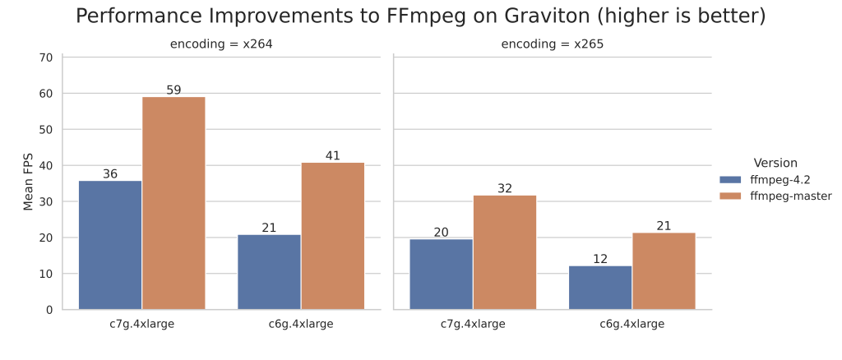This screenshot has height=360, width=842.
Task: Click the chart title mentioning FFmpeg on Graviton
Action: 420,16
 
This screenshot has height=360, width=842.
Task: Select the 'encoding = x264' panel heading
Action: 221,44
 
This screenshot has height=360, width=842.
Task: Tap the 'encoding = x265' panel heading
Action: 553,44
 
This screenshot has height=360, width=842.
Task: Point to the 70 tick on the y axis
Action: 45,58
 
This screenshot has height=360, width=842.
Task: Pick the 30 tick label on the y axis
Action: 45,201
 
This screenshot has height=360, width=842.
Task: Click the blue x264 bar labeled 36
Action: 110,245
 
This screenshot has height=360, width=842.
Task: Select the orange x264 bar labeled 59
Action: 173,203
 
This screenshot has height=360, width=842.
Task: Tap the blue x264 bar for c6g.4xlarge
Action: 269,272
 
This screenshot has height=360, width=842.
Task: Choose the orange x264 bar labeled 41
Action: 332,236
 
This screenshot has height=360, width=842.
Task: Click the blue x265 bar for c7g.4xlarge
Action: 442,274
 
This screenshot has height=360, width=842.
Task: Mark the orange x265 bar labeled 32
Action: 505,252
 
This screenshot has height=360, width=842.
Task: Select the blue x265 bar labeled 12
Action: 600,288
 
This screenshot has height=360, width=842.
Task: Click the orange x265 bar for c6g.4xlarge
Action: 664,271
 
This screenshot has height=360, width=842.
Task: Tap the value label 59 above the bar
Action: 173,90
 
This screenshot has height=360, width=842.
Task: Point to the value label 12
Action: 600,259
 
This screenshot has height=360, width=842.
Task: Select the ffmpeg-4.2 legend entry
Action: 770,179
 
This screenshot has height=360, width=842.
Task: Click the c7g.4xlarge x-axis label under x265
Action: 473,324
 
